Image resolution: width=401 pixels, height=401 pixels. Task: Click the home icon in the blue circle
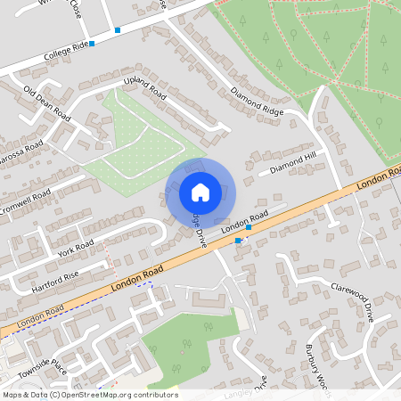click(200, 192)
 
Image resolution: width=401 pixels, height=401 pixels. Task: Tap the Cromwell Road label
click(24, 199)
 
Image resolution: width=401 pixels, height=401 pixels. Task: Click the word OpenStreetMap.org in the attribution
click(98, 395)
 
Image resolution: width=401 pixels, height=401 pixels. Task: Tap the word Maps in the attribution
click(13, 395)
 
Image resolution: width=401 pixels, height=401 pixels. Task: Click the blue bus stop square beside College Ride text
click(91, 43)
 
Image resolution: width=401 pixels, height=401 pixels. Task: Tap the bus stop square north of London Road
click(248, 227)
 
